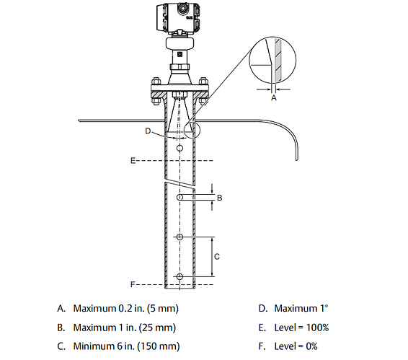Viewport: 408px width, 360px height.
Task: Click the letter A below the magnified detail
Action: (x=272, y=99)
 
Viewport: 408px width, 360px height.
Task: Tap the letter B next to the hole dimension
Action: (x=219, y=196)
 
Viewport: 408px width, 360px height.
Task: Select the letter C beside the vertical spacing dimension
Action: (x=217, y=256)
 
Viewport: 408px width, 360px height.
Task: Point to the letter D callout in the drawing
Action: (x=147, y=131)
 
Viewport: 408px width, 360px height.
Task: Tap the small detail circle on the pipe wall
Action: (x=192, y=129)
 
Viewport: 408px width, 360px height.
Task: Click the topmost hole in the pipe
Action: (x=179, y=148)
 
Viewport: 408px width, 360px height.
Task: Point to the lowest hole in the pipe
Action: (x=179, y=276)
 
